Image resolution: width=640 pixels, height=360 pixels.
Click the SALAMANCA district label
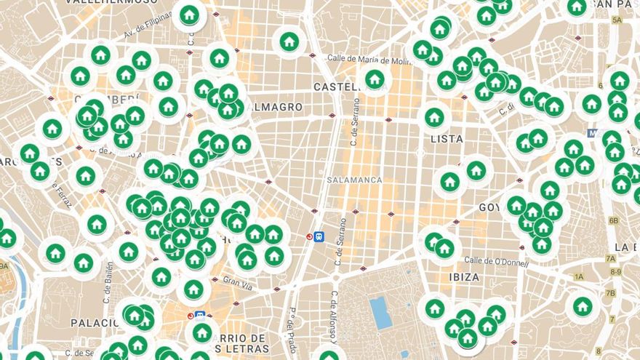354,180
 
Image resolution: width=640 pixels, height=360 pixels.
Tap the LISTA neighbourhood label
447,138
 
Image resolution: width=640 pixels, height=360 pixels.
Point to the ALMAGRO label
274,107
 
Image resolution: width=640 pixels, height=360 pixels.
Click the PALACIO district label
95,322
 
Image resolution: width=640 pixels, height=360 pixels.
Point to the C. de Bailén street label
106,300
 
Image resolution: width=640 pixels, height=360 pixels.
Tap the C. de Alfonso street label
334,316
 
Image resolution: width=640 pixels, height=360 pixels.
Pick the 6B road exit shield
613,220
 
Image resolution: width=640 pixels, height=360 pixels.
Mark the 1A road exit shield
579,277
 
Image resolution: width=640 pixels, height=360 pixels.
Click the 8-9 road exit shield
616,271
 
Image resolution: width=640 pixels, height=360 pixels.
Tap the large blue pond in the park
380,312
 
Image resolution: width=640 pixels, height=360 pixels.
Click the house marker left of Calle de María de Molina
289,41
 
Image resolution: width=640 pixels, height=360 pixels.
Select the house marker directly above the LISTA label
435,116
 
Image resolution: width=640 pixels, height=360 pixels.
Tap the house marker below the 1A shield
581,306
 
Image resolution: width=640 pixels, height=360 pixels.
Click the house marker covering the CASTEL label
375,79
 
